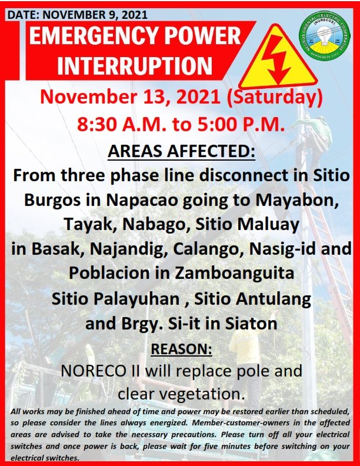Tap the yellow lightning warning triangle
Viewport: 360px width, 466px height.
[x=278, y=56]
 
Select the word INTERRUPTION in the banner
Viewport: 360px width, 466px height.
[x=135, y=65]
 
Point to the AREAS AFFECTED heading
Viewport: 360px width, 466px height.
[x=181, y=151]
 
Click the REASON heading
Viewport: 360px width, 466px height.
[x=182, y=348]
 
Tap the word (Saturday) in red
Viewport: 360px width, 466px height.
[x=275, y=98]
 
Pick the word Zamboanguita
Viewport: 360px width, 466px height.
[x=234, y=273]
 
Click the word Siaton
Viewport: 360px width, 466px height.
[x=251, y=324]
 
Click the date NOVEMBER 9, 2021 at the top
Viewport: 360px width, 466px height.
[x=95, y=15]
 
